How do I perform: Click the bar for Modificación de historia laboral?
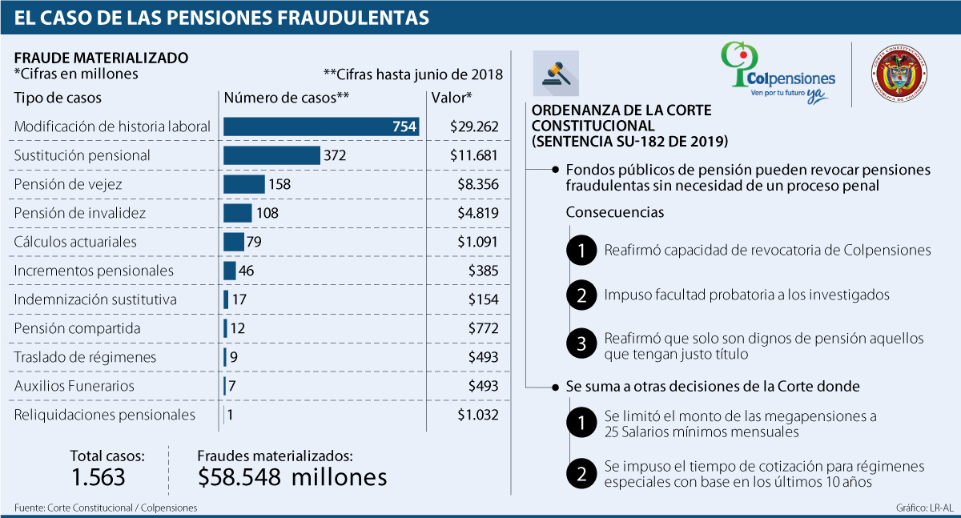(321, 126)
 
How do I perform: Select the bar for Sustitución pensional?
(271, 155)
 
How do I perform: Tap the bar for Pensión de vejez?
(243, 184)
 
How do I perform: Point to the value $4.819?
(478, 213)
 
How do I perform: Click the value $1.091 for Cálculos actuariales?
(478, 242)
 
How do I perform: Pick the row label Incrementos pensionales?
(94, 271)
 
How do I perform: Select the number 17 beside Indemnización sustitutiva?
(238, 299)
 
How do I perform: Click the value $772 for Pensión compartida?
(484, 328)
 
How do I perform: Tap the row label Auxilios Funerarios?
(74, 386)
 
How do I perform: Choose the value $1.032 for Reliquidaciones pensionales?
(478, 415)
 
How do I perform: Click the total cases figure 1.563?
(99, 477)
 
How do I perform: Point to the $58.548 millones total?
(292, 477)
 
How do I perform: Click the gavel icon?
(555, 74)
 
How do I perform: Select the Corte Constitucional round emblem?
(900, 74)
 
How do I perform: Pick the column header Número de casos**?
(287, 98)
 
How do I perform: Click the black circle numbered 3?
(581, 344)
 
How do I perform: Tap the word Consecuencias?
(614, 213)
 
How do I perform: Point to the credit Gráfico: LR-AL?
(925, 508)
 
